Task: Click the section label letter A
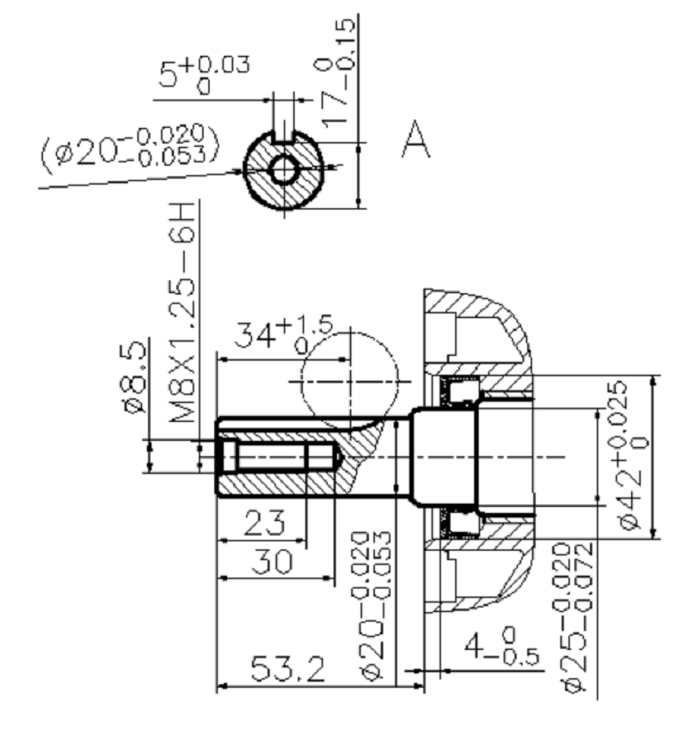click(x=416, y=139)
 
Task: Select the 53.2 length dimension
click(x=287, y=669)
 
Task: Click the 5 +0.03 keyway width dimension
click(x=204, y=75)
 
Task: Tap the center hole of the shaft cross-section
click(x=283, y=170)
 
